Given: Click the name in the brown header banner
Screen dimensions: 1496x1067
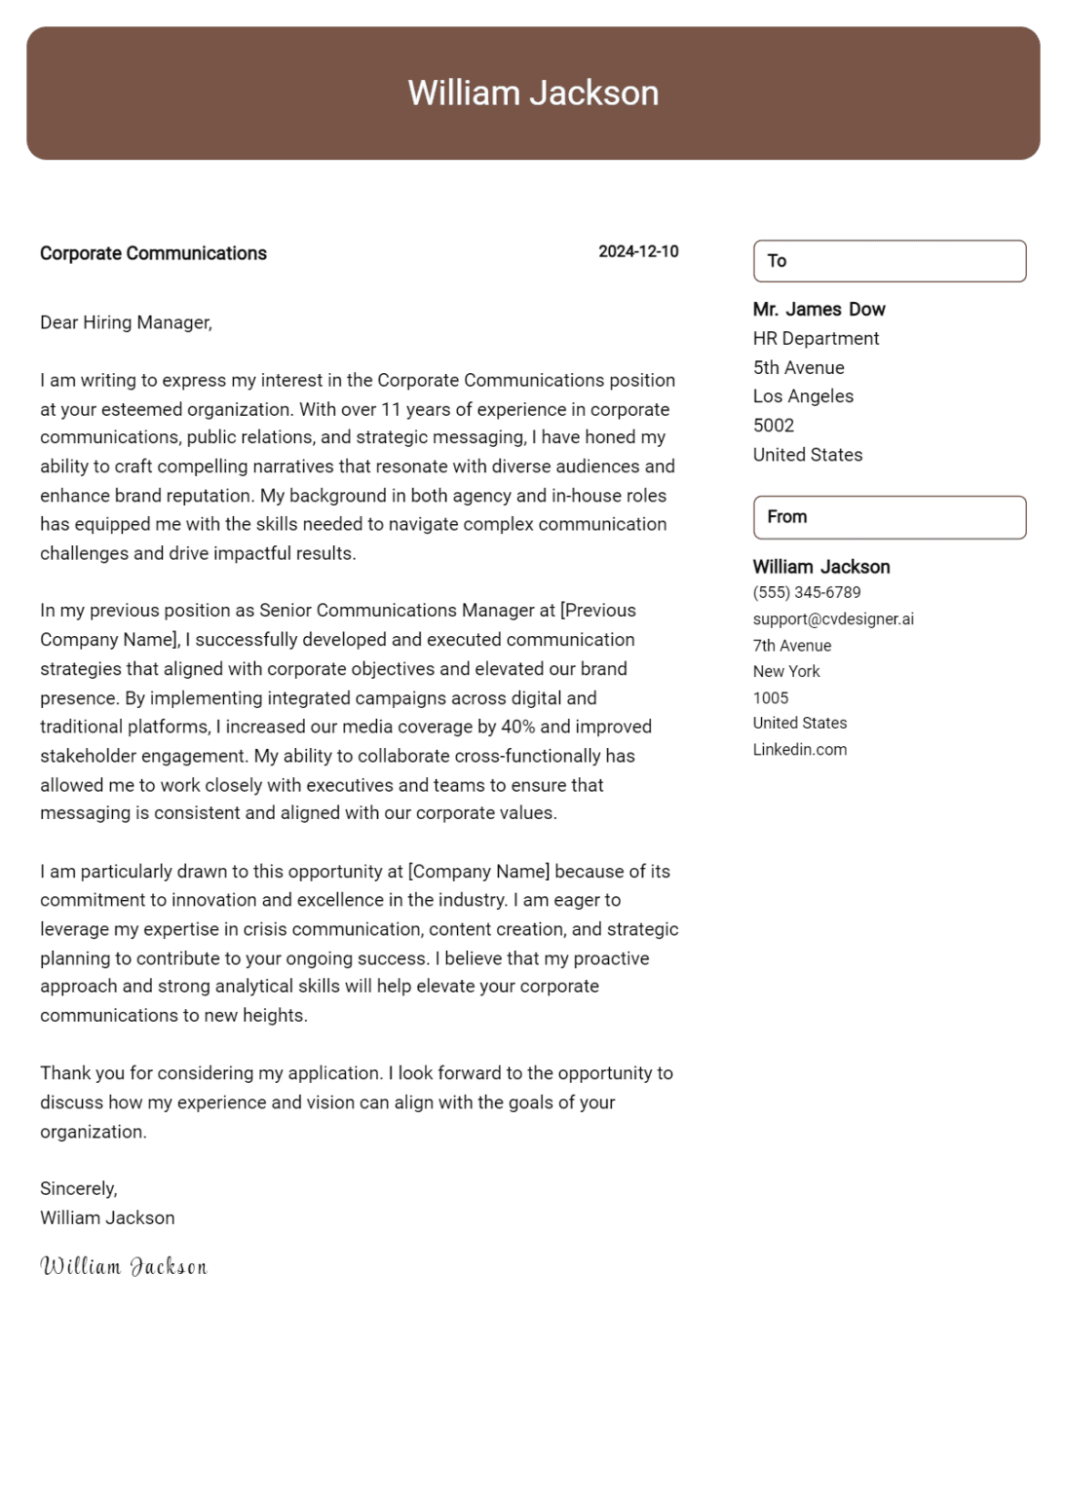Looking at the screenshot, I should coord(533,93).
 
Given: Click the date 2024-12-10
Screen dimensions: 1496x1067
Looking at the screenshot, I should coord(638,251).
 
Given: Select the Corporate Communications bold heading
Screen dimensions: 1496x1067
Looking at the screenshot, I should coord(153,253).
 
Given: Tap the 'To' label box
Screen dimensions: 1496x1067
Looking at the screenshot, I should coord(889,261).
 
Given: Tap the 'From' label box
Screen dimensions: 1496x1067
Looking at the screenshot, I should coord(889,517).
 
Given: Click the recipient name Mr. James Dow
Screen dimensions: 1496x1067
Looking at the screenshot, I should coord(819,310).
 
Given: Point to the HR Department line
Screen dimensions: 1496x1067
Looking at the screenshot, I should coord(816,339).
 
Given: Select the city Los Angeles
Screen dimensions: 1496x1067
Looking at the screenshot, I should coord(803,396).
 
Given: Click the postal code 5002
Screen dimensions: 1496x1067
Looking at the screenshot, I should coord(774,426).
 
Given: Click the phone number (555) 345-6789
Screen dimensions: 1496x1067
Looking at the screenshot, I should coord(806,592).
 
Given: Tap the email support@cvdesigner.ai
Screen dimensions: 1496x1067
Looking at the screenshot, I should coord(833,619).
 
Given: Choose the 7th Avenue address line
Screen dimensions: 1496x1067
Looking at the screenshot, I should coord(791,646).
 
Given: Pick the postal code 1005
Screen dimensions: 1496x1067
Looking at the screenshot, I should coord(771,698).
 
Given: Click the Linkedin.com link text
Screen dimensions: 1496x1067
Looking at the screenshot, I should coord(799,750).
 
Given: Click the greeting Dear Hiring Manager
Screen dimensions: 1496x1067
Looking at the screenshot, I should coord(126,322).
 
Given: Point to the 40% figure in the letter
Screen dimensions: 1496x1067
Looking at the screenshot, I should coord(518,727).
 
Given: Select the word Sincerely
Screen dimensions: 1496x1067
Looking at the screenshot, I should coord(78,1188).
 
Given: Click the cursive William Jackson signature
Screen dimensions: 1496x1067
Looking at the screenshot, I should coord(124,1266).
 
